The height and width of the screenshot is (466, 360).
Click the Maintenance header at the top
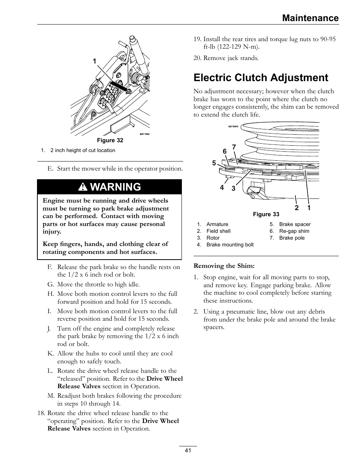coord(311,18)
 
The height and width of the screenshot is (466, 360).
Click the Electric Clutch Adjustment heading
coord(261,78)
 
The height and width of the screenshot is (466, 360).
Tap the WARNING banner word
coord(115,187)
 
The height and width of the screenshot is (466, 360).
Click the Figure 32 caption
coord(110,140)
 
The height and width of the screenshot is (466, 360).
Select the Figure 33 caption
coord(266,214)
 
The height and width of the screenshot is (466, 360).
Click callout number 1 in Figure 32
coord(95,61)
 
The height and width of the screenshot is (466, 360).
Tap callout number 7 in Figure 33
coord(234,147)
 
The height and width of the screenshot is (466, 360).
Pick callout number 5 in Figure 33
coord(214,163)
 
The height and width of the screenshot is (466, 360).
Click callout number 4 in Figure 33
coord(222,187)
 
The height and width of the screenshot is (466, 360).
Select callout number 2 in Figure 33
coord(297,208)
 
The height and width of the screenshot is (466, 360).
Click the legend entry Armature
coord(217,224)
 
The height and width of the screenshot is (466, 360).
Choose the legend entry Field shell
coord(218,231)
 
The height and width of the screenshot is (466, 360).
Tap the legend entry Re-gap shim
coord(294,231)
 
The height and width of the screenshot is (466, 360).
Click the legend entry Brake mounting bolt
coord(230,245)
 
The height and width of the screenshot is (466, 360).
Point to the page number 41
coord(188,451)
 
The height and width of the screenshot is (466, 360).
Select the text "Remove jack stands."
coord(231,58)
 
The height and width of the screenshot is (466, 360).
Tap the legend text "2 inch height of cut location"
coord(83,150)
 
